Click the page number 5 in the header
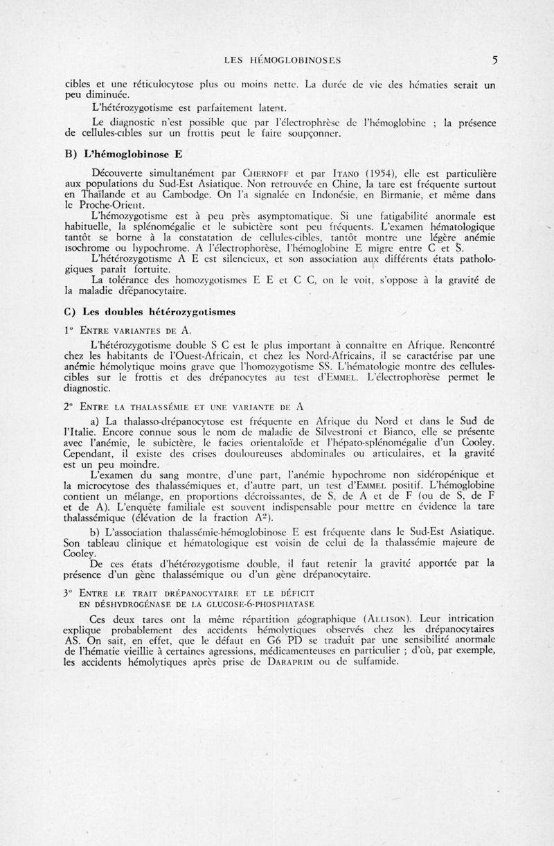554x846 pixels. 494,60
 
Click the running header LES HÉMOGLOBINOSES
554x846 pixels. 287,60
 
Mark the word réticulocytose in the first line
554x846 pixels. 149,82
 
